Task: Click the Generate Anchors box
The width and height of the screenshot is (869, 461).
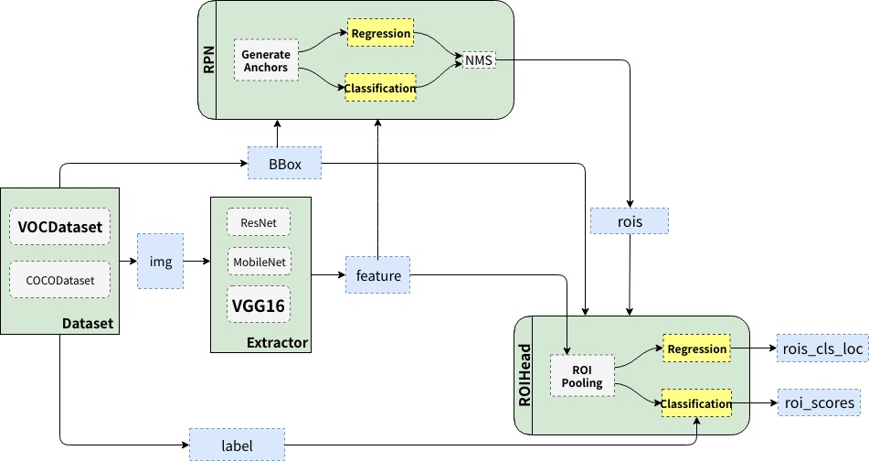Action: coord(266,60)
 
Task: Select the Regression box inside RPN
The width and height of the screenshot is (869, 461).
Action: coord(380,35)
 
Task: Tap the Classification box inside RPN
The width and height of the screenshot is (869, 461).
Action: coord(380,88)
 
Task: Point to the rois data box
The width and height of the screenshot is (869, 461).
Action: coord(630,220)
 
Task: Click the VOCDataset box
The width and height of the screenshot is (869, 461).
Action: coord(59,225)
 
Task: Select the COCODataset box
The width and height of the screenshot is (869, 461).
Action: coord(59,279)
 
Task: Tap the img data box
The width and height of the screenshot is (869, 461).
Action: coord(160,261)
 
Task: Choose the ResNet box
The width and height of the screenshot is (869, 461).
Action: coord(259,222)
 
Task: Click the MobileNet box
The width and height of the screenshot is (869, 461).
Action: coord(259,263)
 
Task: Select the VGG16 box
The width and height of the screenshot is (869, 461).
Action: coord(259,304)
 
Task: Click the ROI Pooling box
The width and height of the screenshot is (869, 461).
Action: coord(583,375)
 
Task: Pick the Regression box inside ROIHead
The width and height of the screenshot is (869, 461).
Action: coord(696,348)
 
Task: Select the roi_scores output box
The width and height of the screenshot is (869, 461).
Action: coord(820,402)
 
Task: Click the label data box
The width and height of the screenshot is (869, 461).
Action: coord(236,445)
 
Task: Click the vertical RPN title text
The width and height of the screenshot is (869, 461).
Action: coord(207,59)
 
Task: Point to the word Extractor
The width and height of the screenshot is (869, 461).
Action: coord(277,343)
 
